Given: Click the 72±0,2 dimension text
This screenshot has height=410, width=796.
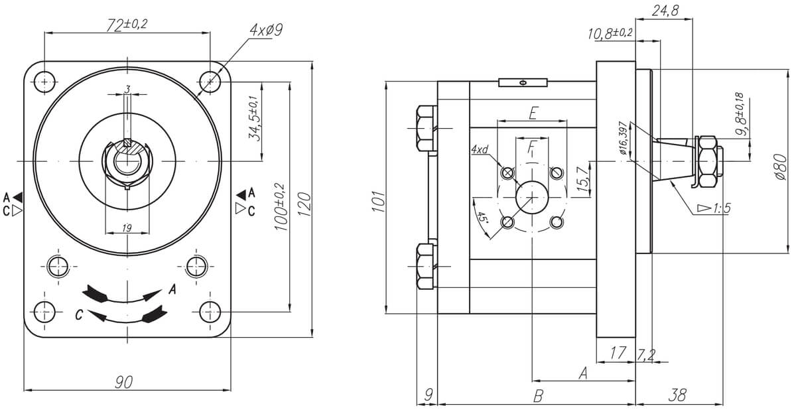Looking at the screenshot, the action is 127,25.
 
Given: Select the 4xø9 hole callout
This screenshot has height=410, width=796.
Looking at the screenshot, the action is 266,31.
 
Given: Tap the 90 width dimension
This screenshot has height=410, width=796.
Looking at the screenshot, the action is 123,382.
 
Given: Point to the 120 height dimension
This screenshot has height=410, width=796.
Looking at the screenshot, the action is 304,204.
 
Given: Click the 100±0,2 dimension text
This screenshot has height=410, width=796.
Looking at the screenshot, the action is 281,207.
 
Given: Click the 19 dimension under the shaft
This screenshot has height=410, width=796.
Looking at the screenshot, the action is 127,228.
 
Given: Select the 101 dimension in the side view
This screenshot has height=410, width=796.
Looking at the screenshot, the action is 379,202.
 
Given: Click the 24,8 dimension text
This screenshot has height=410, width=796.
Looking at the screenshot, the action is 665,11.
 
